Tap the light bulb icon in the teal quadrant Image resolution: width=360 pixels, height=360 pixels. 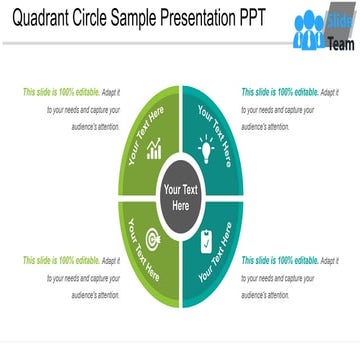point(207,150)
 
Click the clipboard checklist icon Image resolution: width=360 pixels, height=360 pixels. point(206,241)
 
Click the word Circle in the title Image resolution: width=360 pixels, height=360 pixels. point(107,20)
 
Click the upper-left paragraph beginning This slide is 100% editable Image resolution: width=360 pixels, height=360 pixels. point(71,104)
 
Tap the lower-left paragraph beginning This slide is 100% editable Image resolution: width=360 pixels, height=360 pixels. point(71,277)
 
